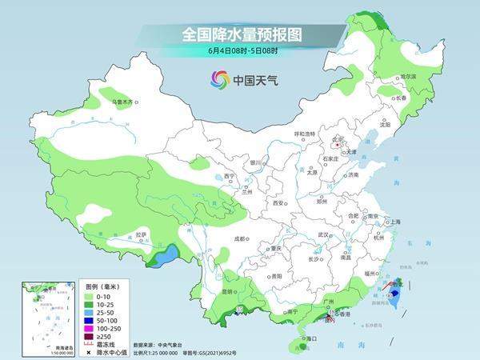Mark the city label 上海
tap(394, 222)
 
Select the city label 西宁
tap(230, 176)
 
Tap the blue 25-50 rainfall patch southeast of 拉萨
tap(167, 256)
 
